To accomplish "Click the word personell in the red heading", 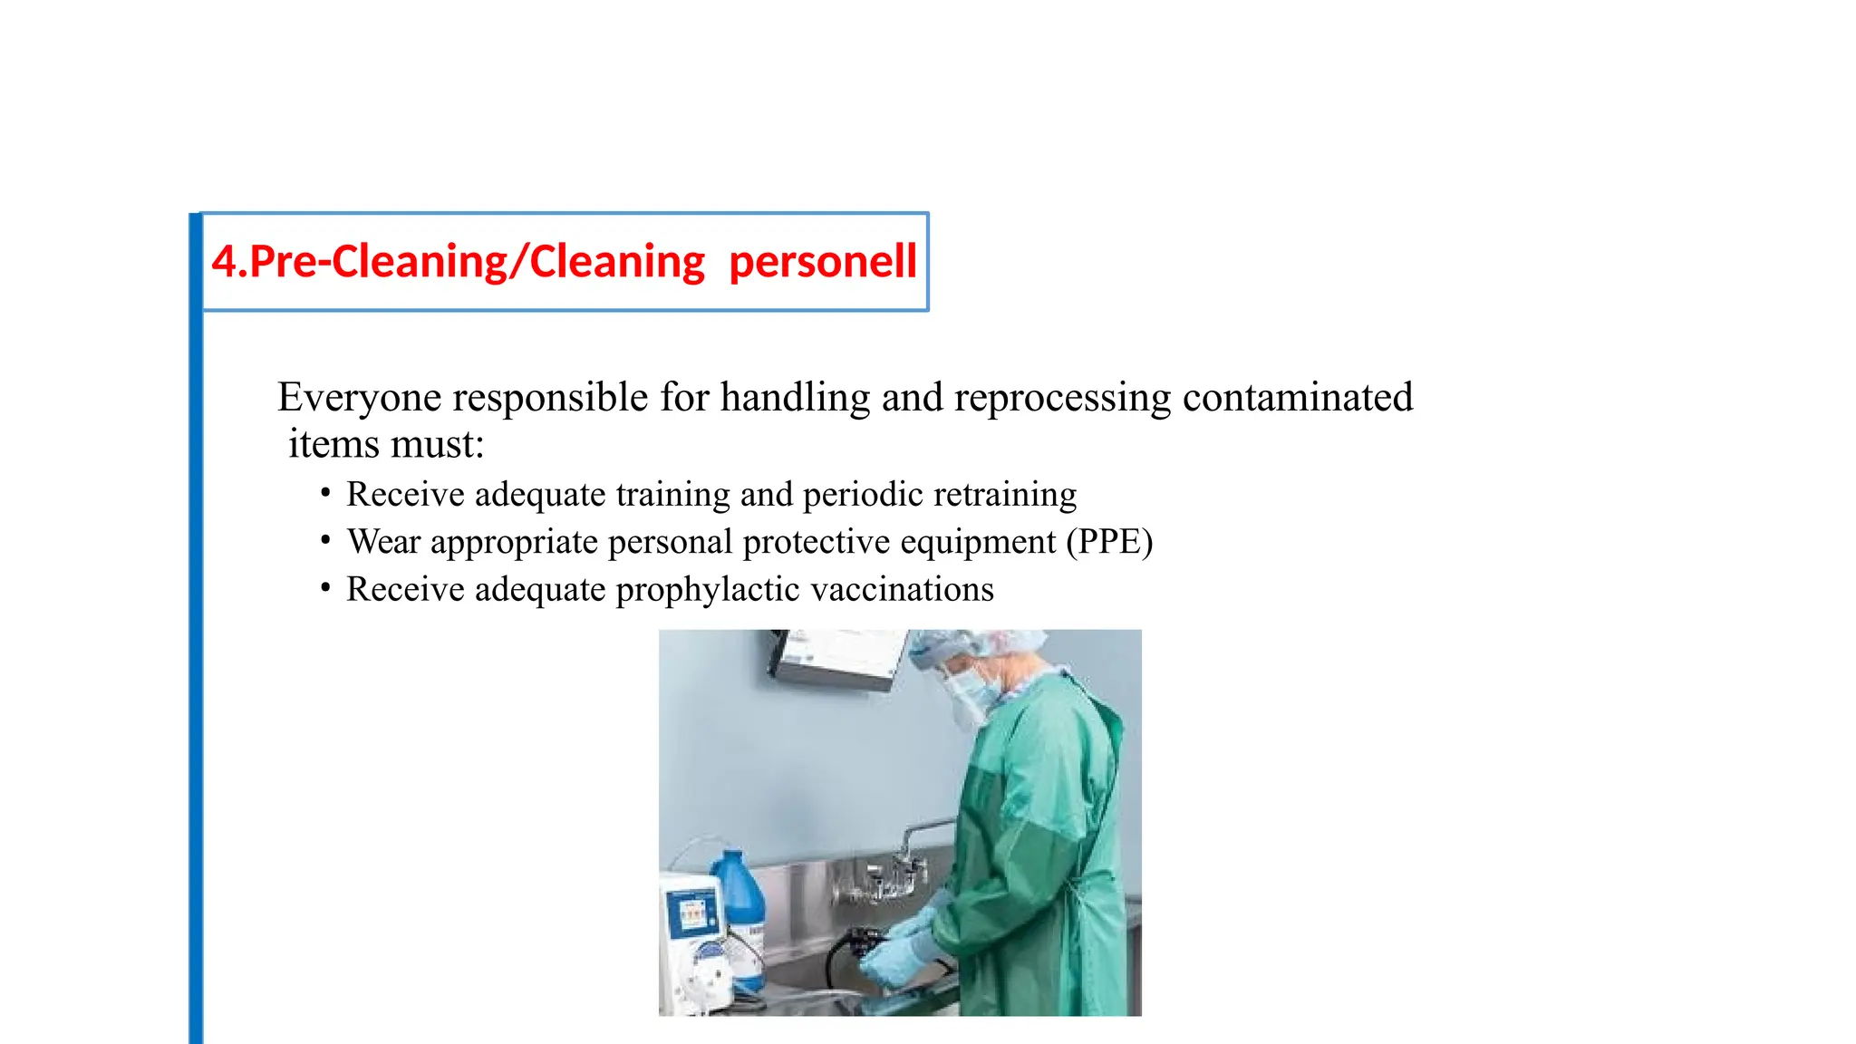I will pyautogui.click(x=822, y=263).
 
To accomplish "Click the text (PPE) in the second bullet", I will pyautogui.click(x=1109, y=542).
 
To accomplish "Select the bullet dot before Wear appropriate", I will pyautogui.click(x=325, y=541).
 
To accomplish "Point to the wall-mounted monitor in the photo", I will pyautogui.click(x=838, y=658).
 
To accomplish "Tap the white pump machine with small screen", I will pyautogui.click(x=698, y=942).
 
